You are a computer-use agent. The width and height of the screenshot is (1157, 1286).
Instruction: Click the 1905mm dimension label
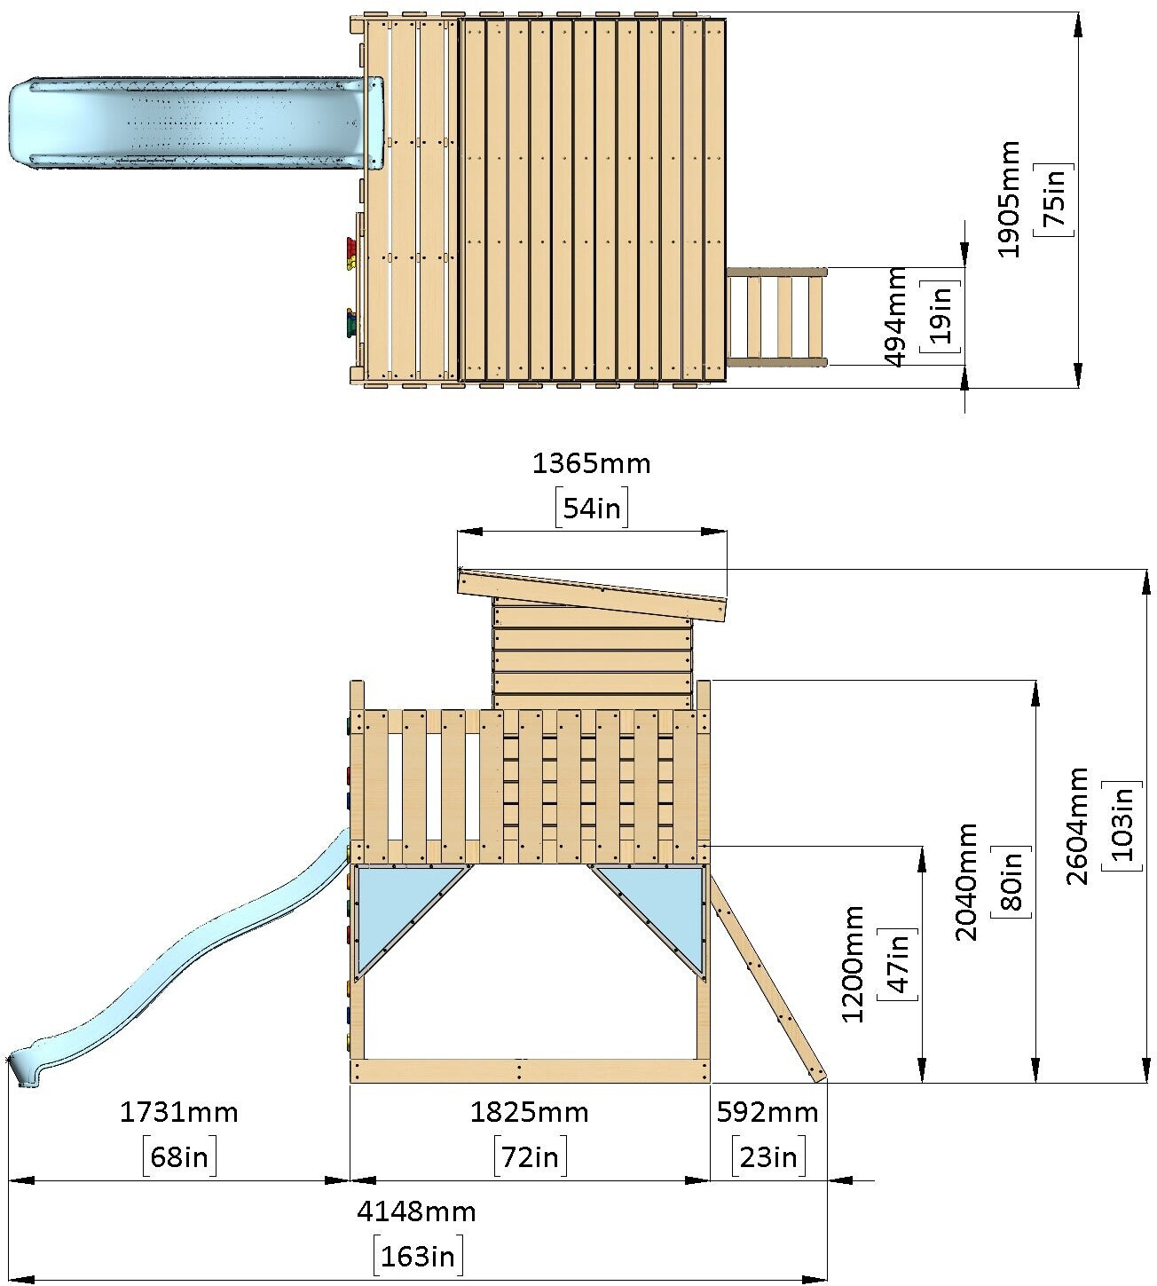point(1009,200)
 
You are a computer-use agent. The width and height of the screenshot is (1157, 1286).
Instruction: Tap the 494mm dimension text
point(896,316)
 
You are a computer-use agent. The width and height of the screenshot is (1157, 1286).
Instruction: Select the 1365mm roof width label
point(591,463)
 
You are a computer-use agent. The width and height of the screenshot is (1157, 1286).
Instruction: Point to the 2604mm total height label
point(1077,826)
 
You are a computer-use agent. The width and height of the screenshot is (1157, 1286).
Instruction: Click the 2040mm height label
point(966,881)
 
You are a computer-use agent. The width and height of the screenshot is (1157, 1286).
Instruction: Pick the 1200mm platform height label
point(853,964)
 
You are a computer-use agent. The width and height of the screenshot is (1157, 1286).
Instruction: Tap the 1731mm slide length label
point(179,1112)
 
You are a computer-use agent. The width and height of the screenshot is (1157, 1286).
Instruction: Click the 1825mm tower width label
point(530,1112)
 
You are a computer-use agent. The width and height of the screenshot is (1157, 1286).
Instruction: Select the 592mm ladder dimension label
point(767,1112)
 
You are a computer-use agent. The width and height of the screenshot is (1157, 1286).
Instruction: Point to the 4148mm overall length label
point(417,1211)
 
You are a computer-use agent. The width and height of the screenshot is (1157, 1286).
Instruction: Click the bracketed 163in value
point(418,1255)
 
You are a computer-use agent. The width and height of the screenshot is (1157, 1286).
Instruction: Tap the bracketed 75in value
point(1054,200)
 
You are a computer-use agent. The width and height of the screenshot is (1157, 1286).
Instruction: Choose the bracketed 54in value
point(592,509)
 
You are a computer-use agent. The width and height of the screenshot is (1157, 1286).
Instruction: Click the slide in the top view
point(186,122)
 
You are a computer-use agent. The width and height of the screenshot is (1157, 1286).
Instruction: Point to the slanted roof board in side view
point(592,594)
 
